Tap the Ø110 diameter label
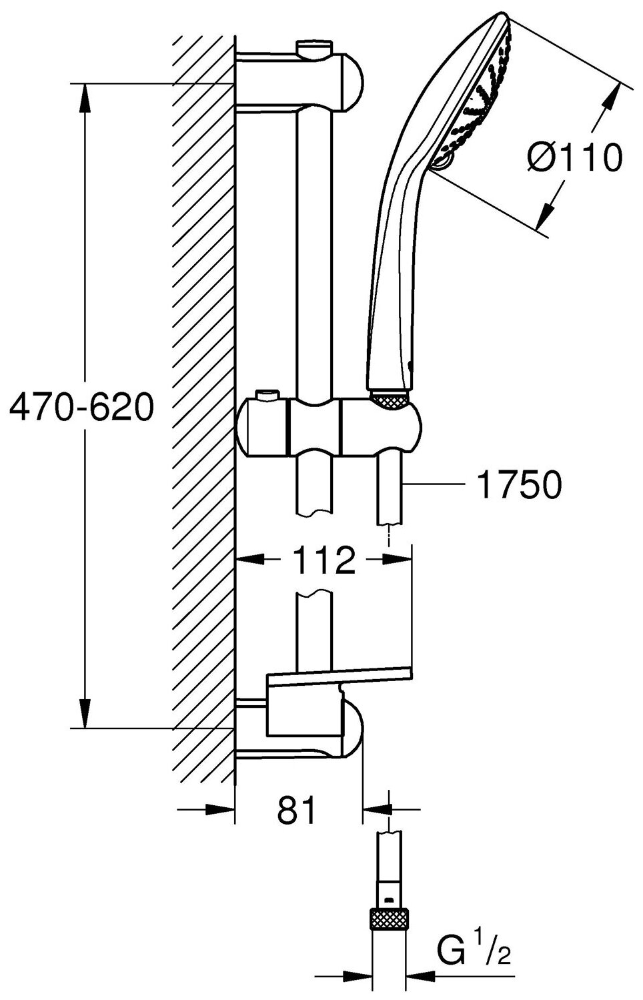[574, 158]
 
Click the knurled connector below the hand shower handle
[389, 400]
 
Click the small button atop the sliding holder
[269, 397]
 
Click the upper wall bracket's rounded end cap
[352, 81]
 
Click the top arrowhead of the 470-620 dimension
[84, 97]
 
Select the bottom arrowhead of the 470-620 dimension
[84, 714]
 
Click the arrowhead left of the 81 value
[220, 810]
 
